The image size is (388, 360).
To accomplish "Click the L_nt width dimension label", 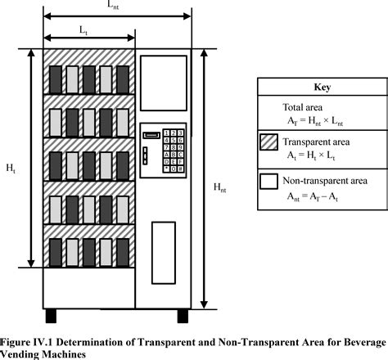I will [115, 6].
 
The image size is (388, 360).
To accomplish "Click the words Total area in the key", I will [304, 106].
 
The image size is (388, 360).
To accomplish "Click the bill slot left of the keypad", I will [151, 135].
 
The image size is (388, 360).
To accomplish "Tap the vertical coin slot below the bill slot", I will [147, 155].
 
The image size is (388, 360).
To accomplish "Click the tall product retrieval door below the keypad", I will [163, 237].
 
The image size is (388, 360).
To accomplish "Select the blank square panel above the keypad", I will [163, 88].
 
